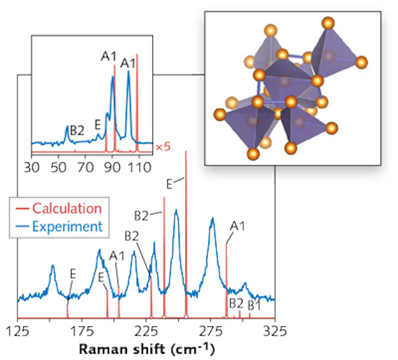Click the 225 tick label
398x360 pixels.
(x=147, y=329)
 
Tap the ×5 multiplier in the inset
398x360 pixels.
(x=163, y=147)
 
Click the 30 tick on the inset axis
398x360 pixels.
(x=31, y=167)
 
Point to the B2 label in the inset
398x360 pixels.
(x=77, y=131)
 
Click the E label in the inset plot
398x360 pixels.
(x=98, y=125)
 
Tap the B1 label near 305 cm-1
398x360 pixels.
(x=254, y=305)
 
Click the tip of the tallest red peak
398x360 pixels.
(x=186, y=152)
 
